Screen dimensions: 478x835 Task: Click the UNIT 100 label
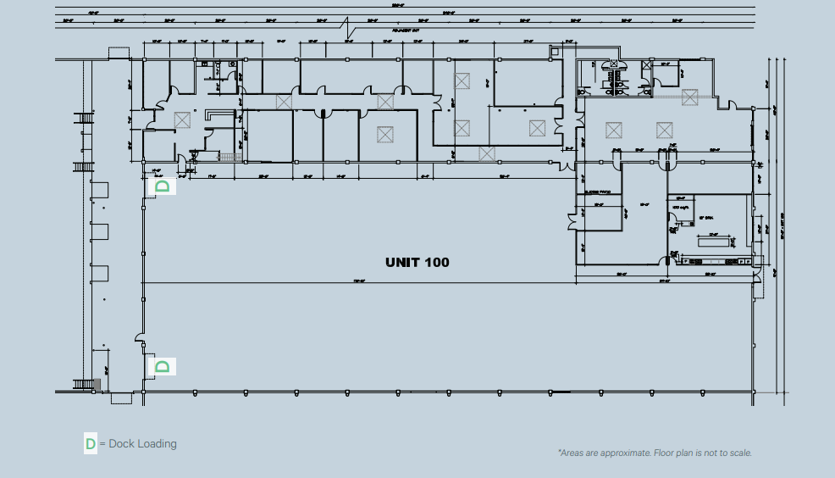(417, 262)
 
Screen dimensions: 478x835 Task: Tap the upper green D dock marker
(163, 186)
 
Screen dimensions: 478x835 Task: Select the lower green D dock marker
(163, 366)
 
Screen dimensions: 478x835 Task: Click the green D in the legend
(91, 443)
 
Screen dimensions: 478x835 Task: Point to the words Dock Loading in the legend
(142, 443)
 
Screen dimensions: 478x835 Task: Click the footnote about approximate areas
(655, 453)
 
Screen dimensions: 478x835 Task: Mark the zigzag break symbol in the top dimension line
(349, 27)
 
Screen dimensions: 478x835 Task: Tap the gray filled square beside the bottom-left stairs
(97, 385)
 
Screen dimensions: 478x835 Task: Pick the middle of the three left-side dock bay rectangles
(100, 231)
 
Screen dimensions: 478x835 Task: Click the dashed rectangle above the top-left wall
(119, 53)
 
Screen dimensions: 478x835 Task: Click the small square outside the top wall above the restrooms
(555, 53)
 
